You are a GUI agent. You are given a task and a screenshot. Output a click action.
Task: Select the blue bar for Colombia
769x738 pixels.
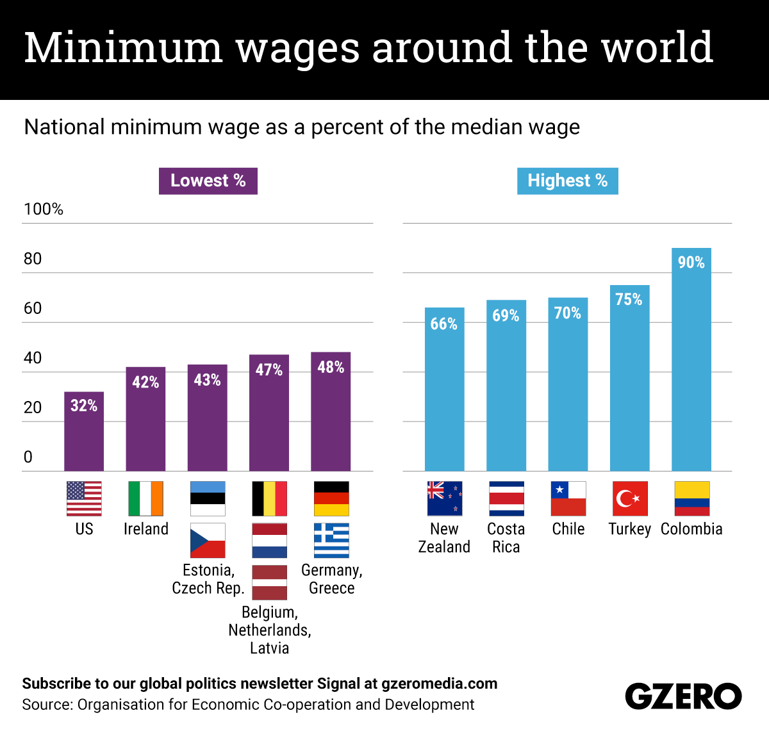click(x=691, y=365)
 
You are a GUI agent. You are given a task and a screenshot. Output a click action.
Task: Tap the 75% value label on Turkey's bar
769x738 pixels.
click(x=629, y=299)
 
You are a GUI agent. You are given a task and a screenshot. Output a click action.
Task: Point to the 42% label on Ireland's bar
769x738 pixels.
click(x=145, y=382)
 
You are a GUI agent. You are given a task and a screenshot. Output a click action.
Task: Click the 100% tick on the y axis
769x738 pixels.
click(x=44, y=209)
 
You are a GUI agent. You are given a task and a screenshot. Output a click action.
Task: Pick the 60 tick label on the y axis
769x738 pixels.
click(x=33, y=308)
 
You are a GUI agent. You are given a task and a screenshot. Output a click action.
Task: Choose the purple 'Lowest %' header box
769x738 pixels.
click(x=208, y=181)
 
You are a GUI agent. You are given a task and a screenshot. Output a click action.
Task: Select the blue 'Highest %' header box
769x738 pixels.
click(x=567, y=181)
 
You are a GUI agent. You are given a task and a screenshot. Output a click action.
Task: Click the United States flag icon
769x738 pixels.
click(x=84, y=498)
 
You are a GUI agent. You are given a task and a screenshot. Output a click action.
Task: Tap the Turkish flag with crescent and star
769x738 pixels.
click(x=629, y=498)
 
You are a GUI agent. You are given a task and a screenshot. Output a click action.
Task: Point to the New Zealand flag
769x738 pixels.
click(x=444, y=498)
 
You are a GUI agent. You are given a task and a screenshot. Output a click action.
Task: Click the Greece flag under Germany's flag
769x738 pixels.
click(x=331, y=540)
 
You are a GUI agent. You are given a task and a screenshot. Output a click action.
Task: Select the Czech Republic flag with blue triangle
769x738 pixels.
click(x=208, y=540)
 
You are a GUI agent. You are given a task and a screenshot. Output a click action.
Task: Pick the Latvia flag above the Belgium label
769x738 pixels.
click(x=269, y=582)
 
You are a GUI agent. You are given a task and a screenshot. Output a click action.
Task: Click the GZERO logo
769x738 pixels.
click(x=683, y=696)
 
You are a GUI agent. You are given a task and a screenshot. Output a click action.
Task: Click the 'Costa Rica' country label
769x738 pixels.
click(x=506, y=537)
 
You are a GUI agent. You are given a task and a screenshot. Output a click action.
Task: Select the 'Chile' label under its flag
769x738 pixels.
click(x=568, y=529)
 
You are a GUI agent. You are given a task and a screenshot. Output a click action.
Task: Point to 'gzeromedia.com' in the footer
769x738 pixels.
click(x=439, y=684)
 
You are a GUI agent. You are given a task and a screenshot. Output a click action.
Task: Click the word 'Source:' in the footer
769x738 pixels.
click(x=47, y=705)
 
